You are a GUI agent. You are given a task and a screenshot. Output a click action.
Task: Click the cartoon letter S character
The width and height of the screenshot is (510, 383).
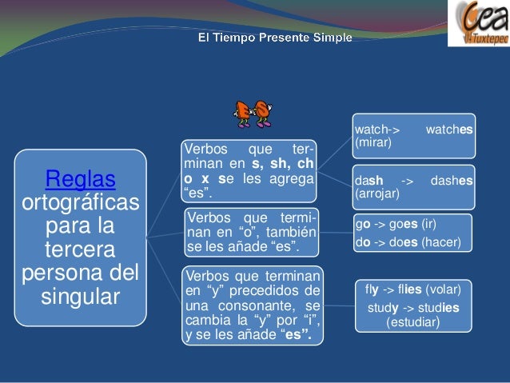(261, 114)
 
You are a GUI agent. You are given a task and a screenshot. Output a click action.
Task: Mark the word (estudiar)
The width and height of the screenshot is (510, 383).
(412, 322)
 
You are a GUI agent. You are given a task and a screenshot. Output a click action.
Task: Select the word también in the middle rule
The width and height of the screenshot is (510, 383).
(290, 232)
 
